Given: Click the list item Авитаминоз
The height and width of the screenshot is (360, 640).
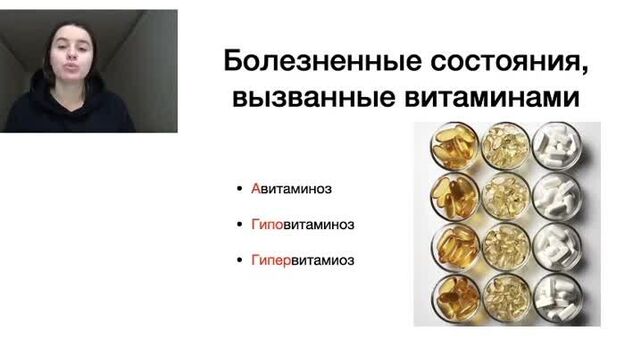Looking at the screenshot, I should coord(291,188).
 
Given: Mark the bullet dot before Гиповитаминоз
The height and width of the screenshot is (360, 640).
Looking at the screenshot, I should coord(240,225).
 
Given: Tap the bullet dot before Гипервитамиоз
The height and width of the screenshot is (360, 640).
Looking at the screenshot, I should coord(240,261).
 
